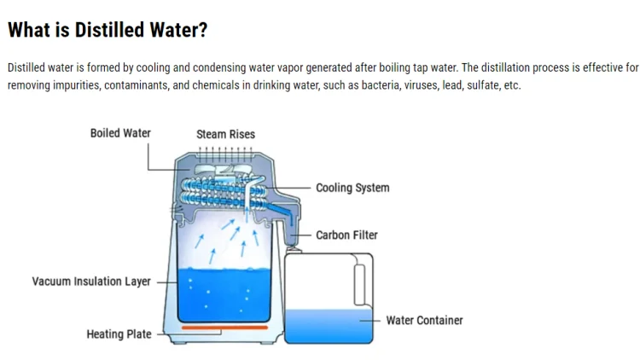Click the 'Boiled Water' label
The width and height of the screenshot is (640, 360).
pyautogui.click(x=120, y=133)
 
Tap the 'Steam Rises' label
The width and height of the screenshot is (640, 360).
pyautogui.click(x=225, y=134)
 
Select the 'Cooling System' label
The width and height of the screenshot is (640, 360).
pyautogui.click(x=352, y=188)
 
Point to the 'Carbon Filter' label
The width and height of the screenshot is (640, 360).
pyautogui.click(x=346, y=235)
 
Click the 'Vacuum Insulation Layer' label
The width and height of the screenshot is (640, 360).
pyautogui.click(x=91, y=282)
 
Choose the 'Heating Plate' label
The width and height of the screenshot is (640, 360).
pyautogui.click(x=119, y=334)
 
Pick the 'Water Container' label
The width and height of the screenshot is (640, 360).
pyautogui.click(x=424, y=320)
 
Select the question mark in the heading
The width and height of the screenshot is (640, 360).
pyautogui.click(x=202, y=30)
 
